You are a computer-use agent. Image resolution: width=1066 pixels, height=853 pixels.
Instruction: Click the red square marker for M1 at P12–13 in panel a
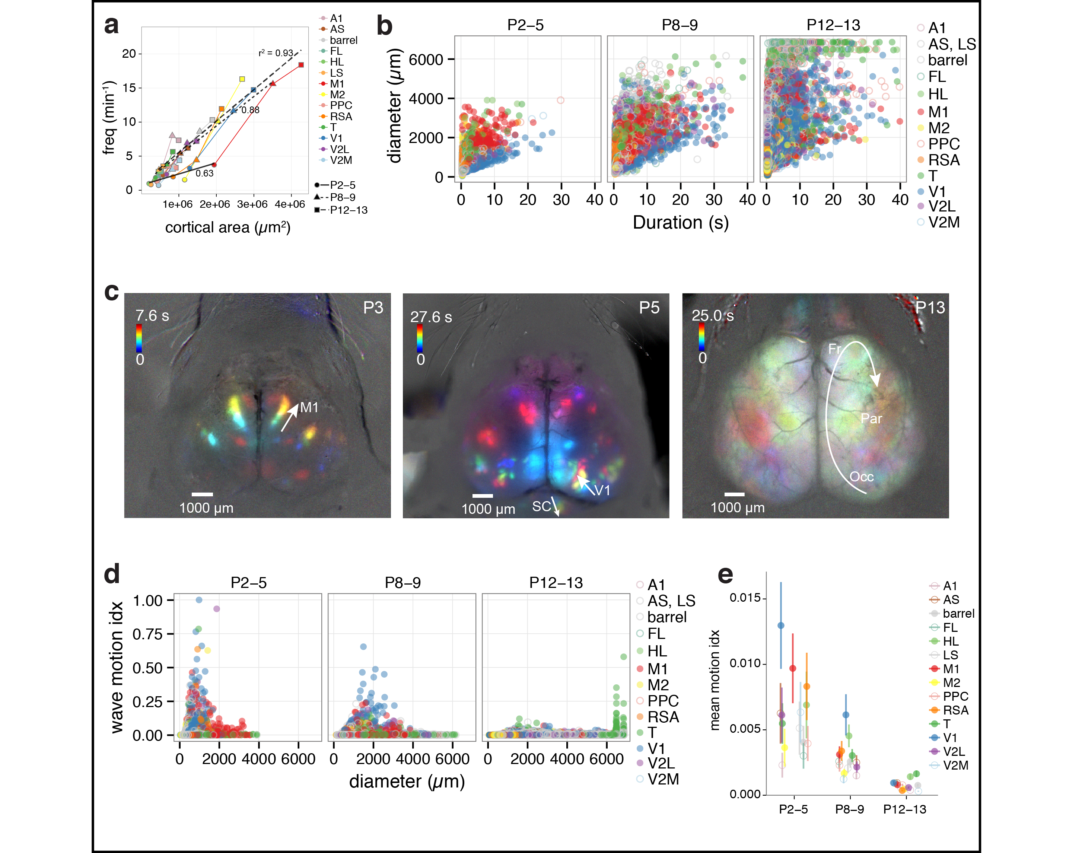pyautogui.click(x=301, y=65)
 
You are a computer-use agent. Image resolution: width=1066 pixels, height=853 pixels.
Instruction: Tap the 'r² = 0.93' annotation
pyautogui.click(x=276, y=53)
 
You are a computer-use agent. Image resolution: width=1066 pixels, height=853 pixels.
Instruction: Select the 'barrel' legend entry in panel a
pyautogui.click(x=343, y=40)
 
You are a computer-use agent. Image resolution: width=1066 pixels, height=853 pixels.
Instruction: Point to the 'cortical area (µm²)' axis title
pyautogui.click(x=227, y=227)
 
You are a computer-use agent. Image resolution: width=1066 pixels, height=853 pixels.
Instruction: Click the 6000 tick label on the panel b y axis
pyautogui.click(x=426, y=60)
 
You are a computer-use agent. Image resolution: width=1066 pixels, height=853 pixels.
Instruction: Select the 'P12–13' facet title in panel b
pyautogui.click(x=833, y=25)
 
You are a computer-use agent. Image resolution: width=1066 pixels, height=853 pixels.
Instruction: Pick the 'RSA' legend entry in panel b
pyautogui.click(x=944, y=160)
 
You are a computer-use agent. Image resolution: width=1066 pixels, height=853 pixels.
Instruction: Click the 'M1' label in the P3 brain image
pyautogui.click(x=309, y=407)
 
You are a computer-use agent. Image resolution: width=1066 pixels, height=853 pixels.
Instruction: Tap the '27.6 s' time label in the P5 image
pyautogui.click(x=431, y=317)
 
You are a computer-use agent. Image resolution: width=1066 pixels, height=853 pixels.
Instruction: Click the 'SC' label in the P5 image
pyautogui.click(x=541, y=506)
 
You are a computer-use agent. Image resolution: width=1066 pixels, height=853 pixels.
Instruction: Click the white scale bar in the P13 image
pyautogui.click(x=734, y=494)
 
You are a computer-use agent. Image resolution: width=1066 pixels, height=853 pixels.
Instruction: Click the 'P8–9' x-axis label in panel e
pyautogui.click(x=849, y=809)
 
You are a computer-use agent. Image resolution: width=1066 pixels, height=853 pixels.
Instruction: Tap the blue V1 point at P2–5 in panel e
pyautogui.click(x=781, y=626)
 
